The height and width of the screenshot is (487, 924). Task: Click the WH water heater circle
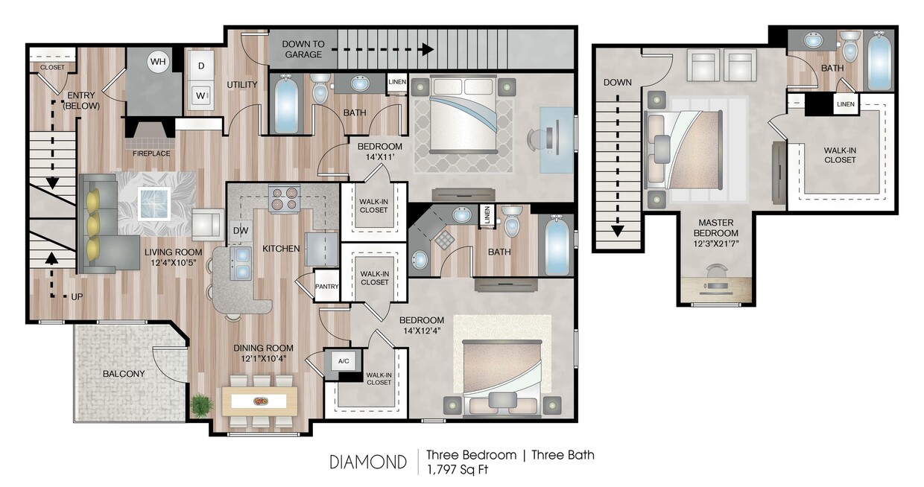[158, 63]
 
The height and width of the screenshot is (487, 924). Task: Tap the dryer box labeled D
[201, 66]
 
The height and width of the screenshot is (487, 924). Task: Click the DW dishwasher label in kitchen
[240, 232]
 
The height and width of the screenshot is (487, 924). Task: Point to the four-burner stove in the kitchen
[283, 200]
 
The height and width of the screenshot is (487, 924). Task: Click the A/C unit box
[344, 361]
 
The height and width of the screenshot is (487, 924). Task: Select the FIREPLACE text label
[151, 153]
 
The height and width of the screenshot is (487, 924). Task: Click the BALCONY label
[124, 374]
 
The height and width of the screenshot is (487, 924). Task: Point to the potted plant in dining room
[200, 405]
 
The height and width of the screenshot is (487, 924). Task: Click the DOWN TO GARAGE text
[302, 49]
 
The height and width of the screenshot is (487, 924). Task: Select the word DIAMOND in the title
[368, 462]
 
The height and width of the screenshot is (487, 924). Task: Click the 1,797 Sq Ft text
[458, 470]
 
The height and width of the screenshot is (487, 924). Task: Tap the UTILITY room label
[242, 85]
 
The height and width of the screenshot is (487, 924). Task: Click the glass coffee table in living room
[155, 203]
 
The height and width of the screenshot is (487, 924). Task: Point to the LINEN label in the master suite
[845, 104]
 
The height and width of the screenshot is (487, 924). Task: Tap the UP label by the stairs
[76, 296]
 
